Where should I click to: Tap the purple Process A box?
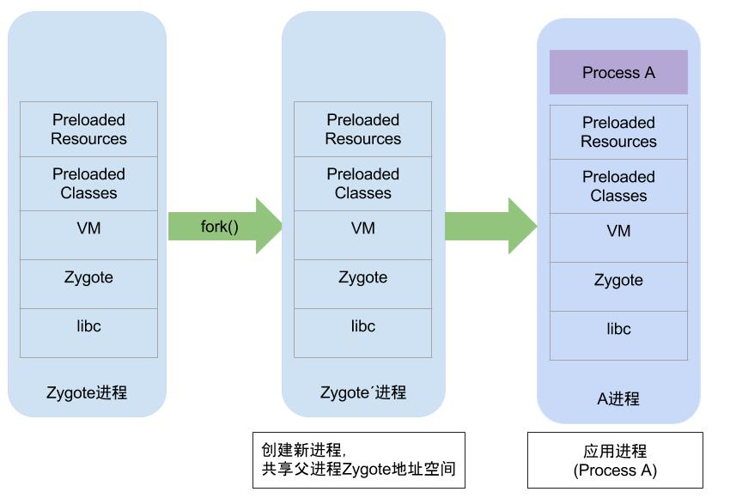click(x=618, y=72)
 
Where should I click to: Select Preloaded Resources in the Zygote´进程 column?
click(x=362, y=130)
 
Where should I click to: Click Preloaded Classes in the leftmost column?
click(x=88, y=184)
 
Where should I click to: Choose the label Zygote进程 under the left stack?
click(x=87, y=393)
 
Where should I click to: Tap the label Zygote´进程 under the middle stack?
click(x=362, y=393)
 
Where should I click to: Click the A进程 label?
click(x=618, y=399)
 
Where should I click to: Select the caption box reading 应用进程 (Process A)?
click(x=615, y=460)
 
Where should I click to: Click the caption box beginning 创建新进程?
click(x=358, y=460)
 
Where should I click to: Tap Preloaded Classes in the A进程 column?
click(x=618, y=186)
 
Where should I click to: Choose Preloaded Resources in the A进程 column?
click(x=618, y=132)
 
